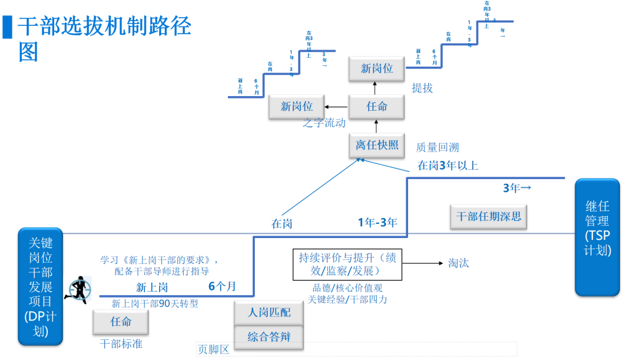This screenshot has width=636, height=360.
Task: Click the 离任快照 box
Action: click(377, 145)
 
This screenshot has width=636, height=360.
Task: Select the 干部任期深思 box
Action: click(489, 216)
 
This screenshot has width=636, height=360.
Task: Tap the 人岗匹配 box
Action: click(269, 312)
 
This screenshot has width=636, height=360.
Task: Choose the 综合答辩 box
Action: click(269, 337)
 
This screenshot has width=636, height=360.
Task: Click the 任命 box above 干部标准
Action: click(121, 322)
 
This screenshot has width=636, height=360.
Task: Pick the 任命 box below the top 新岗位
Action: click(377, 107)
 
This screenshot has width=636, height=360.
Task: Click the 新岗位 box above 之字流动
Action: click(297, 107)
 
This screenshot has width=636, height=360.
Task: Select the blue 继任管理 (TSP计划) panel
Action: click(597, 237)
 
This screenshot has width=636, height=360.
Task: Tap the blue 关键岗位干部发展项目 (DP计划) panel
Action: click(41, 286)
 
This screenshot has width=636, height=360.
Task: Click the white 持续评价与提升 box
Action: click(347, 264)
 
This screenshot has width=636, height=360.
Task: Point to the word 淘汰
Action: click(458, 263)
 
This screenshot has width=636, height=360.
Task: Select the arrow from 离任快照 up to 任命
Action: click(377, 125)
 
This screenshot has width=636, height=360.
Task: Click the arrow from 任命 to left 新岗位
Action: click(336, 107)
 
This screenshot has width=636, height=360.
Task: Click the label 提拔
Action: click(422, 88)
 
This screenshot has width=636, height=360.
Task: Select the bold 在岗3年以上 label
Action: click(448, 166)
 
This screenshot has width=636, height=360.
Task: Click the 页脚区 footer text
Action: click(213, 349)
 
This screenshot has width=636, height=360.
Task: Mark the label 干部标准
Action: click(121, 344)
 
